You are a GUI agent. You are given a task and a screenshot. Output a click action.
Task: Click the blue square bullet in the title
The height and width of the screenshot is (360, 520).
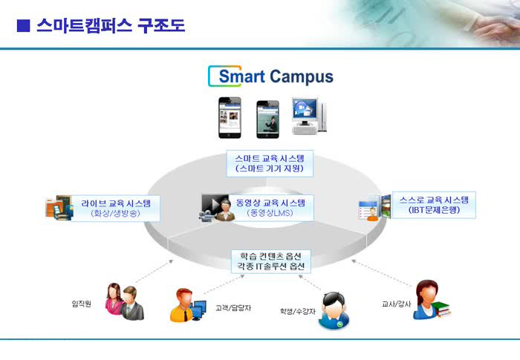[23, 26]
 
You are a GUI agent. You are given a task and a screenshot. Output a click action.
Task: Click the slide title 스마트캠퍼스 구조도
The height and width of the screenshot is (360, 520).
[111, 25]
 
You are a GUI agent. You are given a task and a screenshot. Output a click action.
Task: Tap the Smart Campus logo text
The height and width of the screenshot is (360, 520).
[276, 76]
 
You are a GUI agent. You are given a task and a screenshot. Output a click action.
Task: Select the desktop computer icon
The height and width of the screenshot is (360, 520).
[309, 116]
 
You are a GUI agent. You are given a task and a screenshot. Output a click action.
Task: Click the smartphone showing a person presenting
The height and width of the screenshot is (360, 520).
[267, 120]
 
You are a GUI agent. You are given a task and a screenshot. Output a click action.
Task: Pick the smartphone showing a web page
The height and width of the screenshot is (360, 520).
[230, 117]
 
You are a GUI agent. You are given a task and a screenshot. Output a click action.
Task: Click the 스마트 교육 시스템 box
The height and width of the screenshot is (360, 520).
[270, 163]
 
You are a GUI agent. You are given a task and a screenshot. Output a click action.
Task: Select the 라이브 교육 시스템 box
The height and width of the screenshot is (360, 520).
[116, 208]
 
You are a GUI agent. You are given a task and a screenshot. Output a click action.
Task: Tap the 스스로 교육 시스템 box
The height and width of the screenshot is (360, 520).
[434, 205]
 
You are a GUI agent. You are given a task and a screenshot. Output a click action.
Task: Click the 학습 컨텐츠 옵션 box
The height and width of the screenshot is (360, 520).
[270, 261]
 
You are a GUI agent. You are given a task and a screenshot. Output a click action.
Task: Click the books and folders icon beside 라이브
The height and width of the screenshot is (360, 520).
[59, 208]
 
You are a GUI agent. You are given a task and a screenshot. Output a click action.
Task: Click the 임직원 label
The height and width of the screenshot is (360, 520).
[82, 304]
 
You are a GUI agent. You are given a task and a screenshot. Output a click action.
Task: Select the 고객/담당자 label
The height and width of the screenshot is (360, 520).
[233, 307]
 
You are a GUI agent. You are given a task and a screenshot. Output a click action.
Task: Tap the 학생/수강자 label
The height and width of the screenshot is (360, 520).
[298, 311]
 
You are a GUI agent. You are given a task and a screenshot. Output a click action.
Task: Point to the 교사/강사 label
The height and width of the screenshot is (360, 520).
[396, 304]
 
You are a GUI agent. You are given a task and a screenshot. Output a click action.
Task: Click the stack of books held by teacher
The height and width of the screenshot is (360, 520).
[441, 309]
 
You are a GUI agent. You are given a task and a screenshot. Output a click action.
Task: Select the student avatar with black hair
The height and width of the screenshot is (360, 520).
[334, 310]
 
